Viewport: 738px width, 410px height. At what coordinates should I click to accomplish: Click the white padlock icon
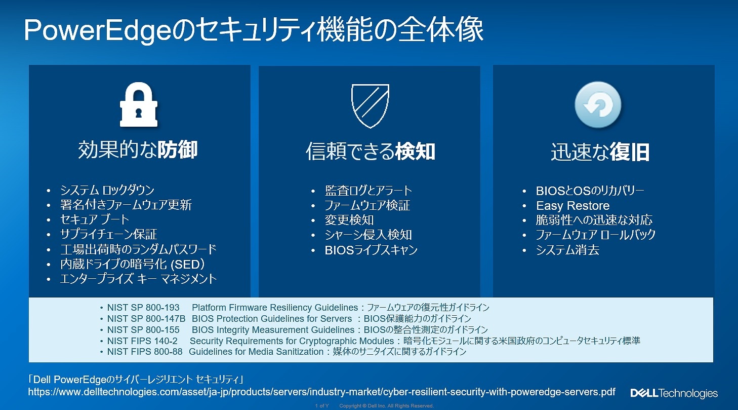coord(138,104)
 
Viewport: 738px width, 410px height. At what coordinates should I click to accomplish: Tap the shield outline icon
coord(370,105)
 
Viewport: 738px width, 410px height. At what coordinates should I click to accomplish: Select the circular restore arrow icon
coord(598,104)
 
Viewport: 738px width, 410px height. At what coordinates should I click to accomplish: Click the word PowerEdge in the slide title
coord(98,30)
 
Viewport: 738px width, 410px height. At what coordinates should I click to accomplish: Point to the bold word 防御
coord(178,150)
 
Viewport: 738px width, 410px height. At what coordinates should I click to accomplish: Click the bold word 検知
coord(415,152)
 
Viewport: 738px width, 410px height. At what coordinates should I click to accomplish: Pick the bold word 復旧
coord(630,152)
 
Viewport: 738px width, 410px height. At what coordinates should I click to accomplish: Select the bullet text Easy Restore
coord(572,205)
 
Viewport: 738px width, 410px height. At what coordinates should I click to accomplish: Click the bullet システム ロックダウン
coord(107,190)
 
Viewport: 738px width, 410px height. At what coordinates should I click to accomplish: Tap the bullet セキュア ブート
coord(95,219)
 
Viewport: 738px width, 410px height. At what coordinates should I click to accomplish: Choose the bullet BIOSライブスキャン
coord(371,250)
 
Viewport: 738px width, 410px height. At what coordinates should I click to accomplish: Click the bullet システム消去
coord(567,250)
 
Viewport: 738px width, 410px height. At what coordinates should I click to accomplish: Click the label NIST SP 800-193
coord(143,308)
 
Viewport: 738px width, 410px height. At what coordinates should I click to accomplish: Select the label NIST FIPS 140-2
coord(142,341)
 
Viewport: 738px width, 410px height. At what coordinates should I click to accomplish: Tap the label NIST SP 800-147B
coord(146,319)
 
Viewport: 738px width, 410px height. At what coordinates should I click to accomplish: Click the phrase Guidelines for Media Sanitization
coord(256,352)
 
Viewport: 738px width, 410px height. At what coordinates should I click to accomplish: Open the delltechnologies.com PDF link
coord(321,392)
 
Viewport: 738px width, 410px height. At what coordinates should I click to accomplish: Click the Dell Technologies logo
coord(674,393)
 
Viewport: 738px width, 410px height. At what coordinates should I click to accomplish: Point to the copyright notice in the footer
coord(386,406)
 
